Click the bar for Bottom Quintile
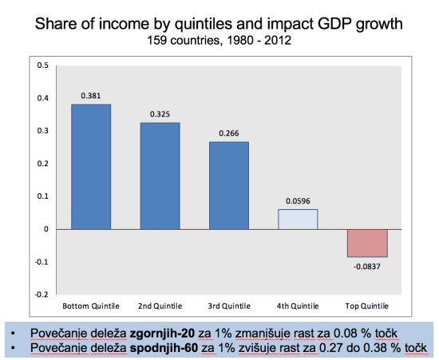91,166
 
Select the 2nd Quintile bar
160,176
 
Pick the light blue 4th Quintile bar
298,219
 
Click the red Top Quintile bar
367,243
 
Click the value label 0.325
160,114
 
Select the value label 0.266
229,133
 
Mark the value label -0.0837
367,265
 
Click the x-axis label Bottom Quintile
91,306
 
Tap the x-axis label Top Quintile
367,306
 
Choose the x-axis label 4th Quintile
298,306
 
